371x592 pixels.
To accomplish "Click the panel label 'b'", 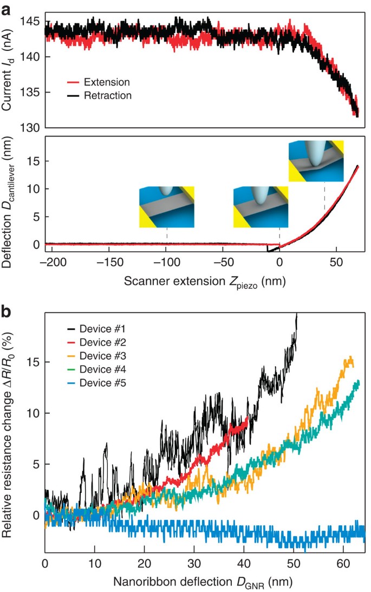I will (x=7, y=313).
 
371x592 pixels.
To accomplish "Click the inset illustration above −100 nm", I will (x=166, y=206).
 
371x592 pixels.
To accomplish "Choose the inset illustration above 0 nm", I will (x=260, y=206).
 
